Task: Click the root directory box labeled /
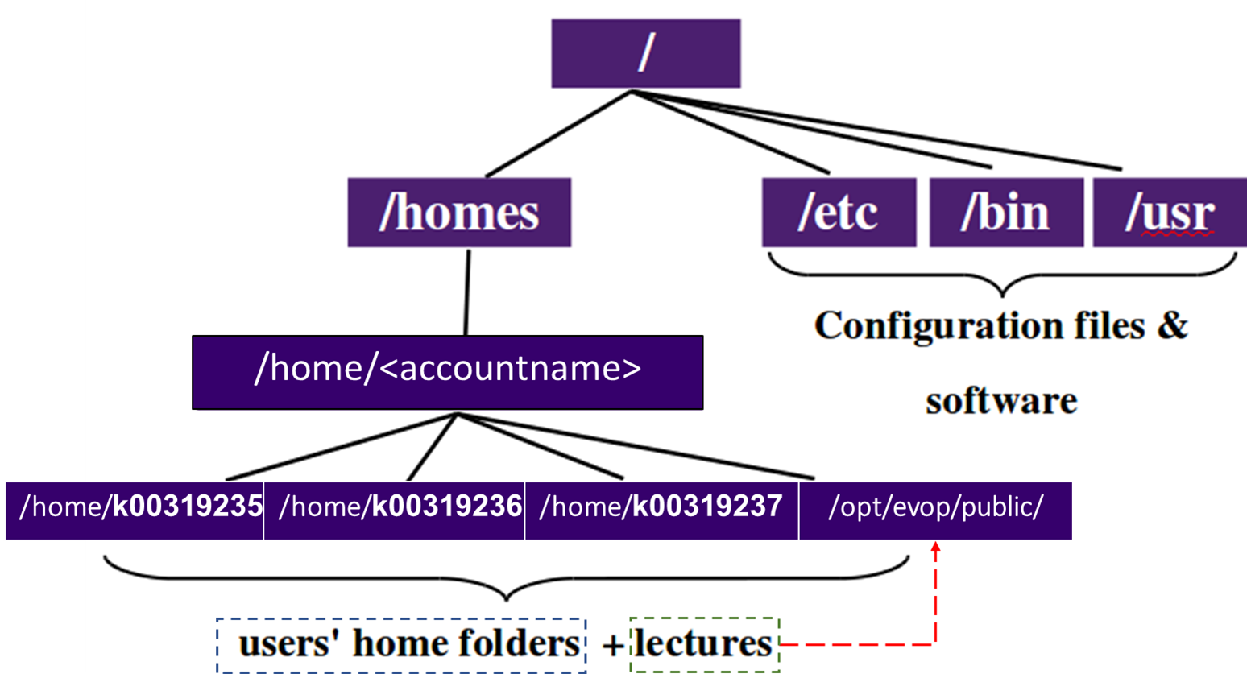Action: [646, 53]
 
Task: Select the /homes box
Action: [459, 213]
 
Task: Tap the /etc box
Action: [839, 213]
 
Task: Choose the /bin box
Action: [1006, 213]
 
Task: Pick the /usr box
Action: [1170, 213]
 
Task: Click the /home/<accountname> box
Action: [448, 372]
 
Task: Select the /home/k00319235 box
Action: [135, 511]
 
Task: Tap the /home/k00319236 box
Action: [394, 511]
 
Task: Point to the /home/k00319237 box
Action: [661, 511]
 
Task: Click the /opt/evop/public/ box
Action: [936, 511]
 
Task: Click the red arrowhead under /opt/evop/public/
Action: [936, 547]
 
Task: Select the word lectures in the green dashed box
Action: [703, 644]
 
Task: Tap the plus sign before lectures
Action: [614, 646]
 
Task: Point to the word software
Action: [1001, 401]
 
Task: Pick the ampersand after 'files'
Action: [1172, 325]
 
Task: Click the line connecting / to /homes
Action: [558, 134]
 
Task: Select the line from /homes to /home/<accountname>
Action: [467, 292]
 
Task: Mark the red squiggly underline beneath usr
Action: [1178, 234]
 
